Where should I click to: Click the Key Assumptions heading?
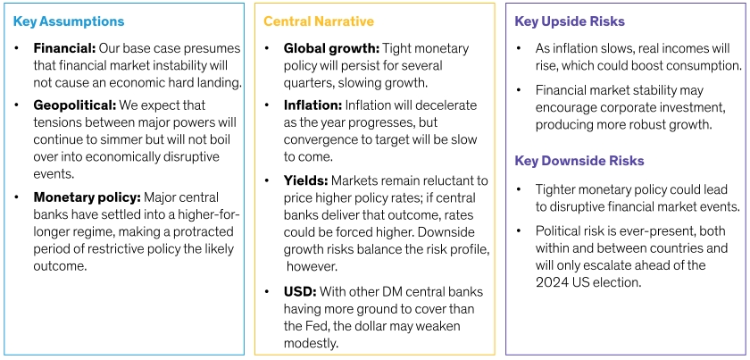[69, 21]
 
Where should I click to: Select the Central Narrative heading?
[319, 21]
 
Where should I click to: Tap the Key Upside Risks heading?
[570, 21]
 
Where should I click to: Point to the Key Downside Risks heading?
[579, 161]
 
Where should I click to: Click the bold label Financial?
[64, 49]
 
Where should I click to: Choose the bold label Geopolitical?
[75, 105]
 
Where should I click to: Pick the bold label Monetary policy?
[87, 197]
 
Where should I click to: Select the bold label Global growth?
[331, 49]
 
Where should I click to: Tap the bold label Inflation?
[312, 105]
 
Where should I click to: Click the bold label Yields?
[305, 181]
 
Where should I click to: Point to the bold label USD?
[300, 292]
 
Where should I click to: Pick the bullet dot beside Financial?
[17, 49]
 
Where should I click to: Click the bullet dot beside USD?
[268, 292]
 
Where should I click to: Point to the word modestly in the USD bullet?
[311, 344]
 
